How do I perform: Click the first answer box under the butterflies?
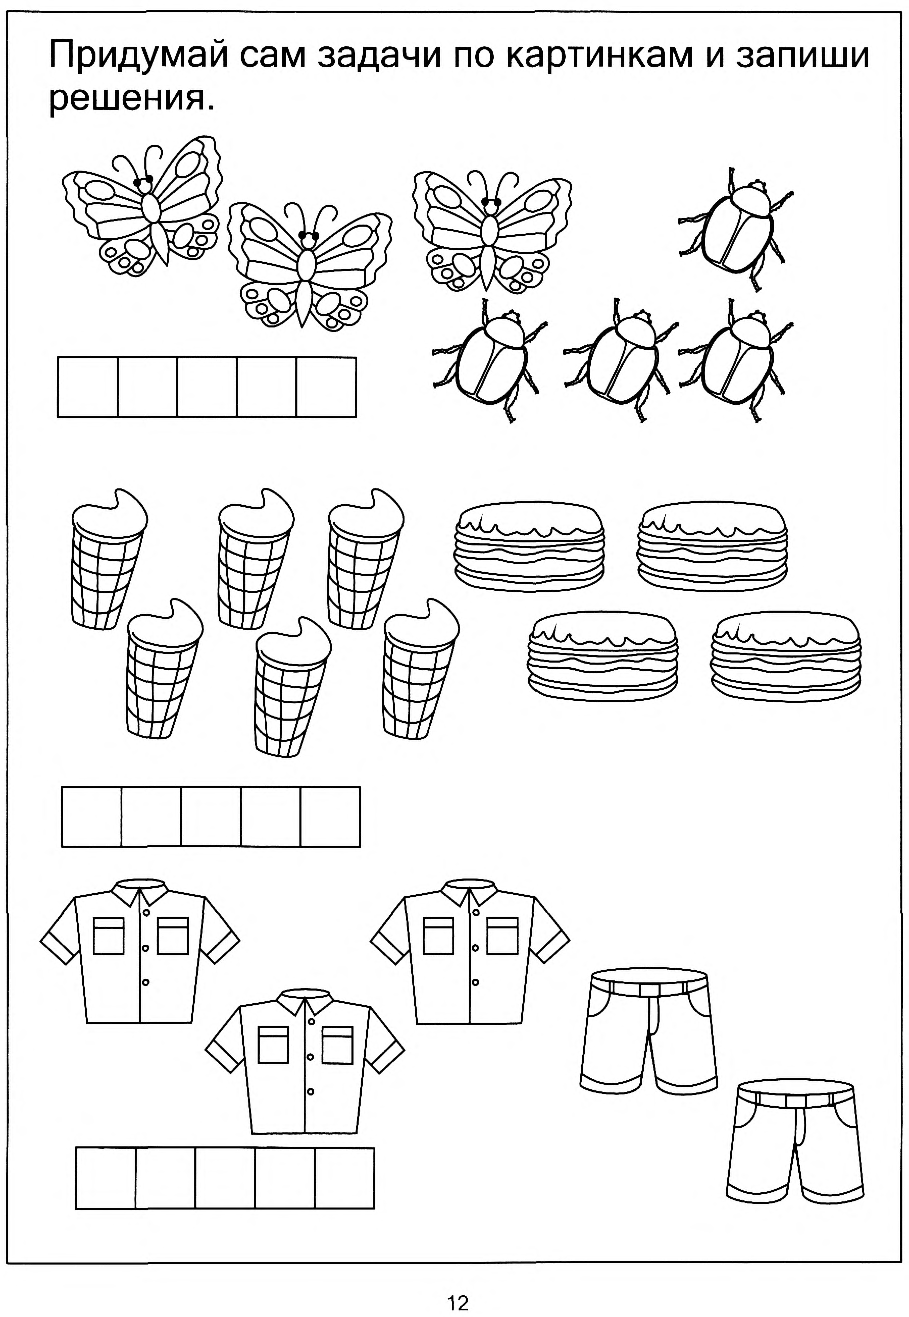(88, 387)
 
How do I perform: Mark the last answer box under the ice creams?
(330, 817)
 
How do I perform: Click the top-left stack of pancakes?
(529, 546)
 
